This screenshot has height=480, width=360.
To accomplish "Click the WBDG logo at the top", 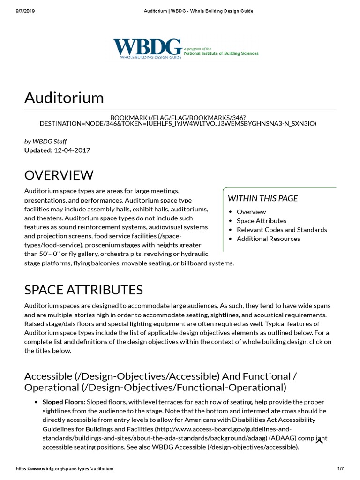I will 147,48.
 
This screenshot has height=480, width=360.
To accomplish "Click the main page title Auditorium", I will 64,97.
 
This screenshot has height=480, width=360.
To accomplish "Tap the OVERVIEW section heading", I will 59,175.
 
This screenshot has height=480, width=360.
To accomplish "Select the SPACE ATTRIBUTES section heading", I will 83,289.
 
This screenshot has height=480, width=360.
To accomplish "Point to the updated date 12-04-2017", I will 72,150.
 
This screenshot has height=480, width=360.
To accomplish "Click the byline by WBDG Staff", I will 46,141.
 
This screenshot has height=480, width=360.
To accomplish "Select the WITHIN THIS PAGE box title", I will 262,198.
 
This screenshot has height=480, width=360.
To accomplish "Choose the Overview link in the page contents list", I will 251,212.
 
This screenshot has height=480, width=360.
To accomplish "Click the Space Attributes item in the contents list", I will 261,221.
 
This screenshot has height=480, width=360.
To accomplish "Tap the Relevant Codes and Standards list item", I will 282,230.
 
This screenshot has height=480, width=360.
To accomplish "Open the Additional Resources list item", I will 268,239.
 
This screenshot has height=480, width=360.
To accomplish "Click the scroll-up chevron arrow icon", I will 319,441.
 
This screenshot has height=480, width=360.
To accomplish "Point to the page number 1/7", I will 341,469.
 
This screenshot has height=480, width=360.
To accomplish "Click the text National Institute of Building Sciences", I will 221,53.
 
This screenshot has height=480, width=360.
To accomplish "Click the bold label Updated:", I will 38,150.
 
